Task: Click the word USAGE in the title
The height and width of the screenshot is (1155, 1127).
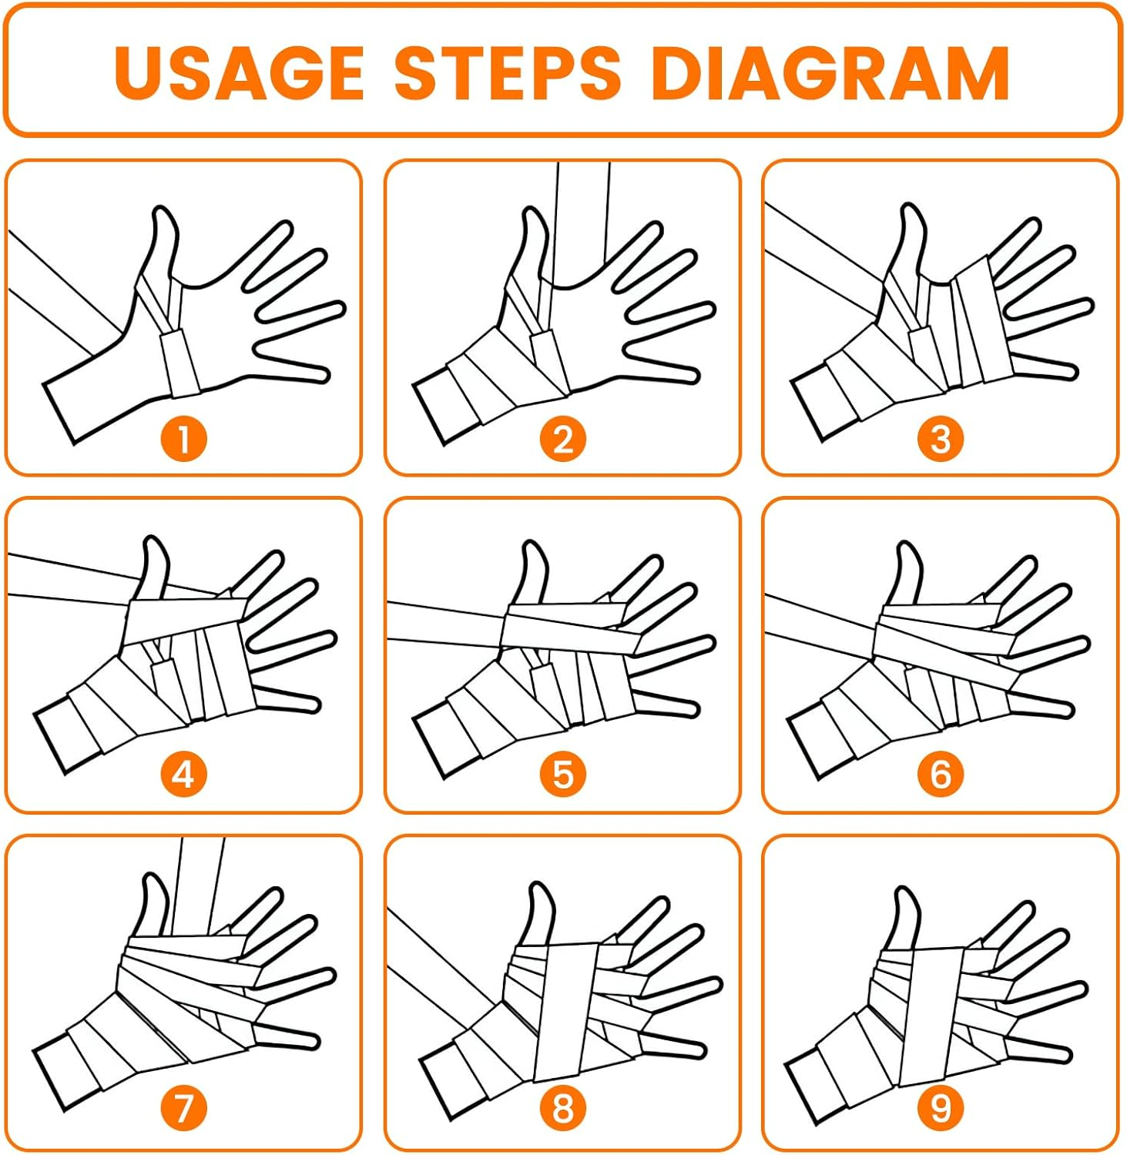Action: click(x=239, y=72)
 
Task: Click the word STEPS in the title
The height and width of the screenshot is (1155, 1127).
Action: click(x=508, y=72)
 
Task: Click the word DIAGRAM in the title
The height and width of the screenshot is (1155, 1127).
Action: click(x=830, y=72)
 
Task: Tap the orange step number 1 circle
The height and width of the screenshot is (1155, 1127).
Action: click(x=184, y=439)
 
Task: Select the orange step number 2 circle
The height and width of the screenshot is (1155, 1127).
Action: click(x=562, y=439)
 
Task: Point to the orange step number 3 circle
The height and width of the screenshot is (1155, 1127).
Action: click(x=940, y=439)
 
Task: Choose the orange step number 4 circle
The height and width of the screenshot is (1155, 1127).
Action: click(x=184, y=774)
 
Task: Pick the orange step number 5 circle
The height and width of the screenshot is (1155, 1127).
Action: click(x=562, y=774)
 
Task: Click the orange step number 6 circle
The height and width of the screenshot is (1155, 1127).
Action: click(x=940, y=774)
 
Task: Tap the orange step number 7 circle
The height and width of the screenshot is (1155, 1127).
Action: click(x=184, y=1109)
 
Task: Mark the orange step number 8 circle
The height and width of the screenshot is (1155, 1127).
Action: click(x=562, y=1109)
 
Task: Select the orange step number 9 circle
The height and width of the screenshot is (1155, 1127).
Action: click(x=940, y=1109)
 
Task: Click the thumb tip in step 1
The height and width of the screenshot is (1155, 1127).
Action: click(x=161, y=209)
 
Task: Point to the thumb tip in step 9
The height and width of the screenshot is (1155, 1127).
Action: click(x=907, y=890)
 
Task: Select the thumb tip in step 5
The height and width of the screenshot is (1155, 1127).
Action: click(x=532, y=544)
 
